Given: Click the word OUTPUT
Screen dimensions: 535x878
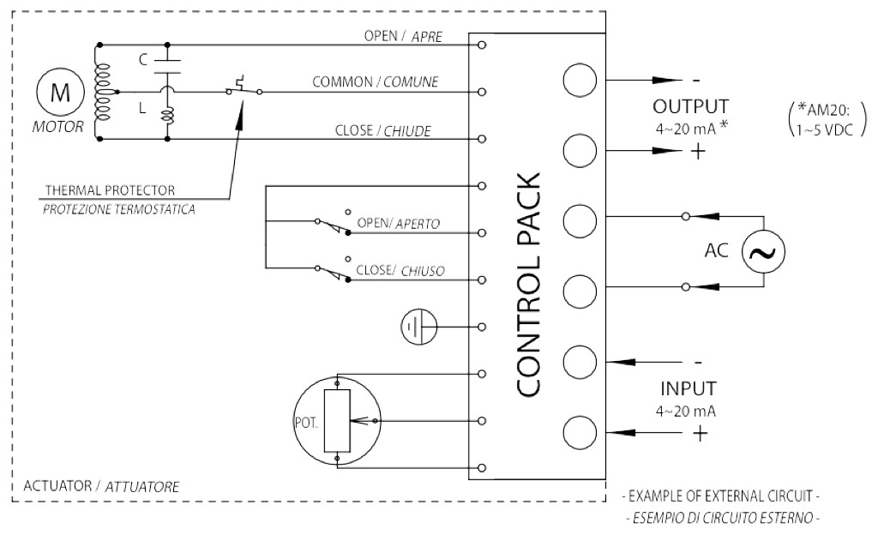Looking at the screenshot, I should [690, 107].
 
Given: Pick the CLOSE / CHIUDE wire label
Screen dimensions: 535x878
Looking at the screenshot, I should [383, 131].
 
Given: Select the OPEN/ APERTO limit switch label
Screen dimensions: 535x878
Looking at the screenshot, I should [399, 223].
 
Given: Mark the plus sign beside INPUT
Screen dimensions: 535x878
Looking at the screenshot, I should [700, 434].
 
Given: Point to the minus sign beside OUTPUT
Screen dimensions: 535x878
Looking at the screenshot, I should [695, 81].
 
